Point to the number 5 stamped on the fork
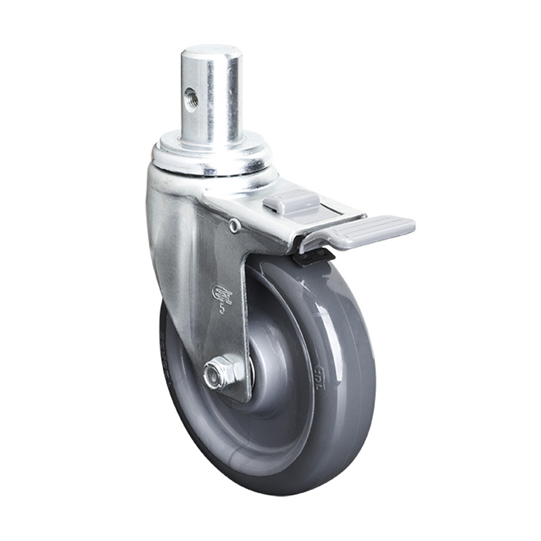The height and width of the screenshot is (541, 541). point(222,310)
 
